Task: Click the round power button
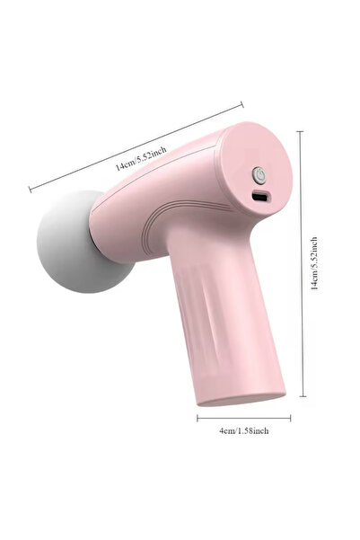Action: [259, 174]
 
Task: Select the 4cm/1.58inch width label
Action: [243, 430]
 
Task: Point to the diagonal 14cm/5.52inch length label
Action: [140, 158]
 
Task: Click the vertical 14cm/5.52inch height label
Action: [313, 262]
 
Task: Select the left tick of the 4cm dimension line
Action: [198, 417]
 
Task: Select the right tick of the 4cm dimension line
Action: [290, 417]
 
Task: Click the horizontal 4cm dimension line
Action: [244, 417]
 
